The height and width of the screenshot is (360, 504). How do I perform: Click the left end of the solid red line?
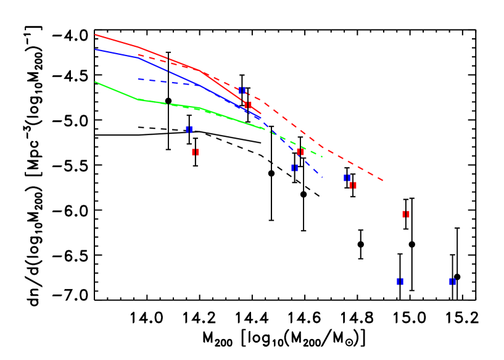click(95, 35)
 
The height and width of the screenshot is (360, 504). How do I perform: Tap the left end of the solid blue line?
click(95, 49)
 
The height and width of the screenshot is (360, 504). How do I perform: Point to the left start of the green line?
click(95, 81)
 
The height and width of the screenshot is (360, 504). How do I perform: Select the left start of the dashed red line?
click(138, 55)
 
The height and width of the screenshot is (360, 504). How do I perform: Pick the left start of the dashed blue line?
click(138, 79)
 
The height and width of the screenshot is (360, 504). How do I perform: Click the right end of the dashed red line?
click(384, 181)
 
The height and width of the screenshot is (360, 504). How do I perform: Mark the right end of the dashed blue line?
click(322, 176)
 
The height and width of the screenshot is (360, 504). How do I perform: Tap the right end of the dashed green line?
click(322, 157)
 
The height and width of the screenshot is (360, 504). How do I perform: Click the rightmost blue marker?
click(452, 282)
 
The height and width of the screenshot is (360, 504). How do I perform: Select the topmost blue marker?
click(242, 91)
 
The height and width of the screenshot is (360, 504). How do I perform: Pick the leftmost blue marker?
click(189, 129)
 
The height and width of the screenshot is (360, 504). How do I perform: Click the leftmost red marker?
click(195, 152)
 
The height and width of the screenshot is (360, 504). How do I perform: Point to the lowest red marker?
click(405, 215)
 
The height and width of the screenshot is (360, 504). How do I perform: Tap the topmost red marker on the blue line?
click(247, 105)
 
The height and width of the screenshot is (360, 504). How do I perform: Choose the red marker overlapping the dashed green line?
click(300, 152)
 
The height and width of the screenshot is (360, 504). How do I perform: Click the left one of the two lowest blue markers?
click(400, 282)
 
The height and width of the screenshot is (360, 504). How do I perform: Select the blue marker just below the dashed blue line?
click(294, 168)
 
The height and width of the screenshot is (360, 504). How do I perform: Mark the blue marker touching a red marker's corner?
click(347, 178)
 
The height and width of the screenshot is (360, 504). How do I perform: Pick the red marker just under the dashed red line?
click(352, 186)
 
